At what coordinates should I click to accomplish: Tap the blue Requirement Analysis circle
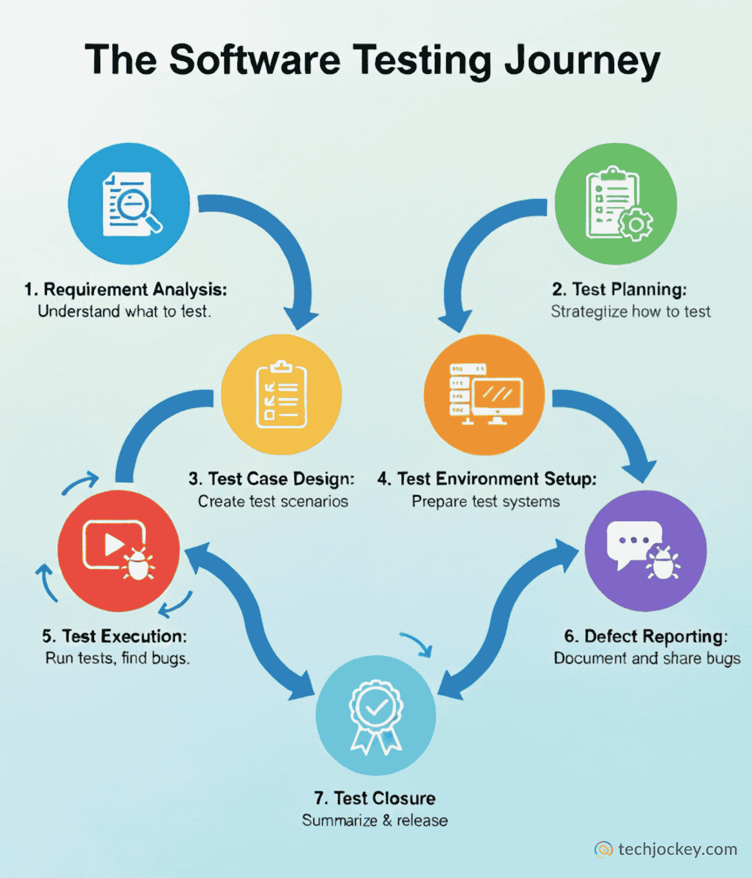(x=128, y=204)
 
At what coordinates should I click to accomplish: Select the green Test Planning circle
(x=615, y=204)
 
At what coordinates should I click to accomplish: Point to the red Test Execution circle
(x=118, y=551)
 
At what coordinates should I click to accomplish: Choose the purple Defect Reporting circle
(x=645, y=551)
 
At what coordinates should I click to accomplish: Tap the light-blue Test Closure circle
(x=375, y=715)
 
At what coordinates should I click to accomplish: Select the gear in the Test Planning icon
(x=635, y=224)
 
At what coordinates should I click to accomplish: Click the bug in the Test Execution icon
(x=138, y=564)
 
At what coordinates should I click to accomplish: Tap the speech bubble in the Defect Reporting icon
(x=633, y=541)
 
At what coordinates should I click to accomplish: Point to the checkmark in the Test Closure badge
(x=376, y=707)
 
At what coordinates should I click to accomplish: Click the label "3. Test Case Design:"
(x=271, y=479)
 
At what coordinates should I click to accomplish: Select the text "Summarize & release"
(x=375, y=820)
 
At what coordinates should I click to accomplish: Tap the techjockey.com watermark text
(x=677, y=849)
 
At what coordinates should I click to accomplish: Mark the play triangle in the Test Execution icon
(x=113, y=544)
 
